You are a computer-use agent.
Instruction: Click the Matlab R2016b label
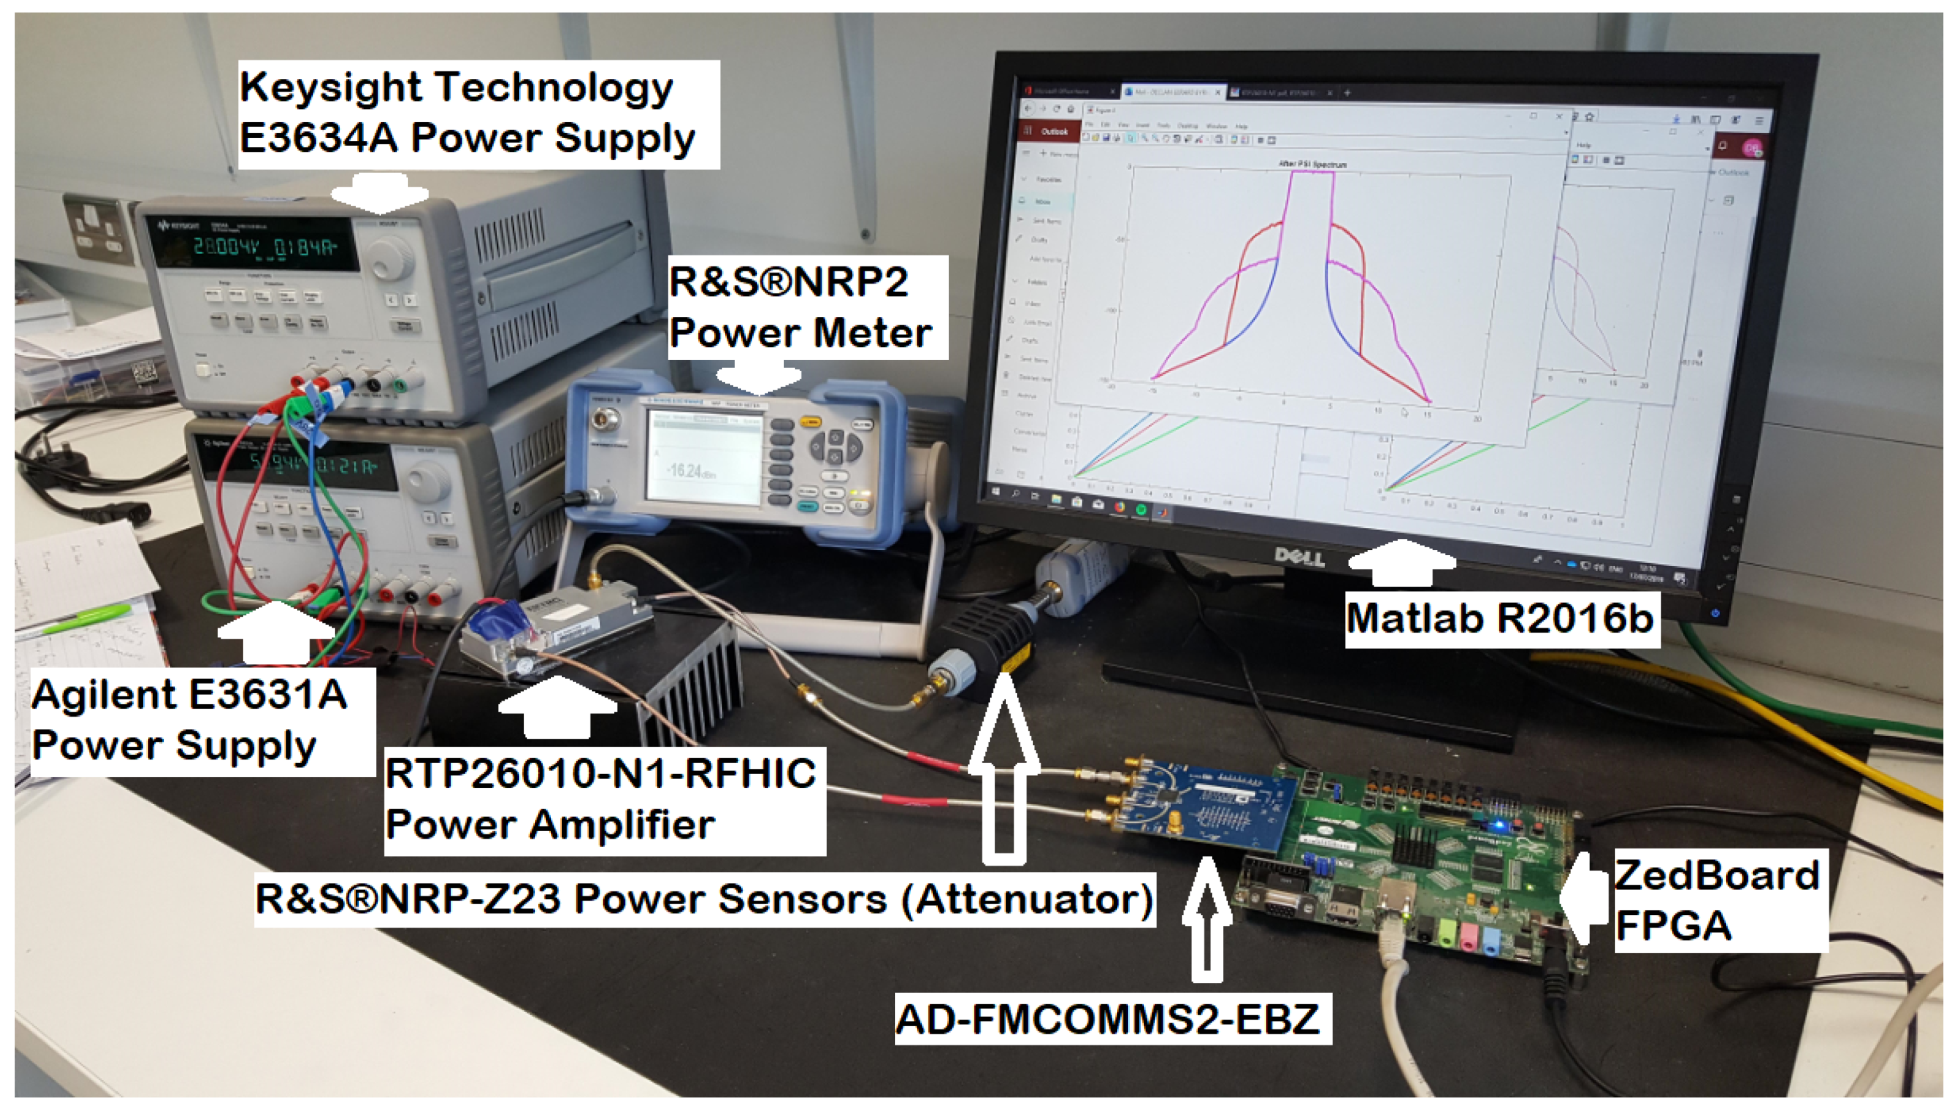(1500, 618)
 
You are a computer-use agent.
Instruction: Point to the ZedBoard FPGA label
(1717, 900)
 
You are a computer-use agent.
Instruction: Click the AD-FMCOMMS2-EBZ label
(1110, 1019)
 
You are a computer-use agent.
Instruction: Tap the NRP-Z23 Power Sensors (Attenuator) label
(703, 899)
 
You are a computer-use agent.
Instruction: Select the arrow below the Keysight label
(380, 192)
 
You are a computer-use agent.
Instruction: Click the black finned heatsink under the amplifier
(687, 687)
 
